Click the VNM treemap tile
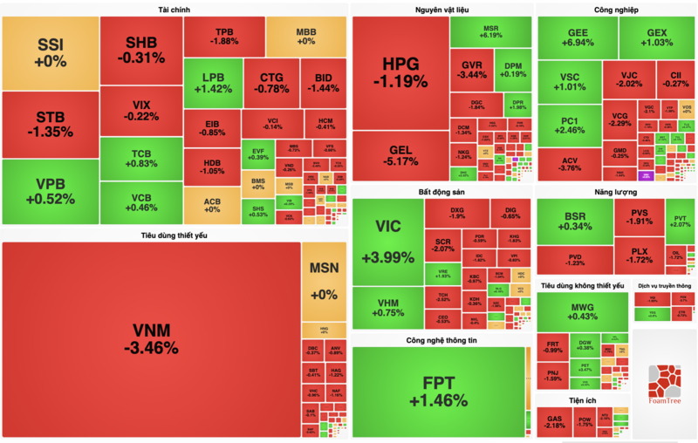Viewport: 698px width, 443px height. click(x=152, y=338)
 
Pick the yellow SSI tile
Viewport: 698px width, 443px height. click(x=51, y=51)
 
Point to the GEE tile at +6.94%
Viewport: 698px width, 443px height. click(x=577, y=37)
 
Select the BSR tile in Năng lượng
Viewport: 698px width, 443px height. click(x=574, y=221)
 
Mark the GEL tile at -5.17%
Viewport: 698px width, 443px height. click(x=400, y=154)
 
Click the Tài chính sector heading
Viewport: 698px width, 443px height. click(x=174, y=10)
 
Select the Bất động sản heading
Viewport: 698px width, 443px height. click(x=439, y=190)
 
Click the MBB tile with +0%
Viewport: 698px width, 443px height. click(x=305, y=35)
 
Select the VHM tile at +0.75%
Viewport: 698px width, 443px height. click(x=387, y=307)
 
